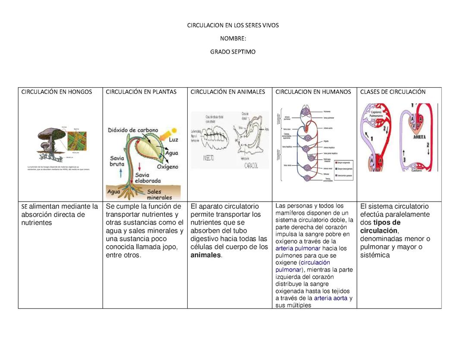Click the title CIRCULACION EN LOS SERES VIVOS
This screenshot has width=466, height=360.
click(233, 25)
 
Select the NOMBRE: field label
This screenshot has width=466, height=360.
click(233, 38)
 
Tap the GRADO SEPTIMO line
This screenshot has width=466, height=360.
click(233, 52)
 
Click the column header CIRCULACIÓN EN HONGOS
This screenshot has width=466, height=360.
click(57, 92)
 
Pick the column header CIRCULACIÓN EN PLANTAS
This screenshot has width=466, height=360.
click(141, 92)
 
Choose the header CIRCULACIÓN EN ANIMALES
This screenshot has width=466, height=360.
click(227, 92)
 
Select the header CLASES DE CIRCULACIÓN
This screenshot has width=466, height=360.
click(393, 92)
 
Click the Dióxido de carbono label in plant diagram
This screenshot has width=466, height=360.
click(132, 130)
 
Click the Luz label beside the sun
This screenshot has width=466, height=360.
click(173, 140)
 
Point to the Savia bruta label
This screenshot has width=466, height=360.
click(117, 161)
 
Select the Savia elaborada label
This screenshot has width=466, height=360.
click(148, 178)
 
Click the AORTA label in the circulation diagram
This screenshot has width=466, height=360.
click(419, 136)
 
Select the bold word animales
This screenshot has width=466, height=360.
click(205, 255)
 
